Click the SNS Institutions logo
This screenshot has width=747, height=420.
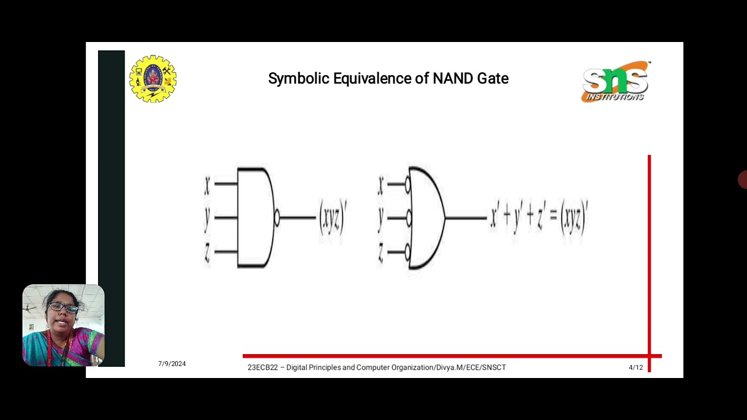pyautogui.click(x=615, y=82)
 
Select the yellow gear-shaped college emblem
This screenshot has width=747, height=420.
pyautogui.click(x=153, y=79)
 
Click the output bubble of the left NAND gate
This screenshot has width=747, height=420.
pyautogui.click(x=277, y=218)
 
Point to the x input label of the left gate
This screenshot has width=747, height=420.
pyautogui.click(x=207, y=185)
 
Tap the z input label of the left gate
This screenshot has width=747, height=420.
pyautogui.click(x=207, y=252)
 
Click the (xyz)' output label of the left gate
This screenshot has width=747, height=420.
pyautogui.click(x=333, y=218)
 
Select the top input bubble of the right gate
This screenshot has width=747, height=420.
pyautogui.click(x=408, y=185)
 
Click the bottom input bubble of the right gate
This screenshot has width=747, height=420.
pyautogui.click(x=408, y=252)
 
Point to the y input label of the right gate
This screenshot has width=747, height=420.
pyautogui.click(x=381, y=218)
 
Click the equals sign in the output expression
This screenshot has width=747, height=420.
pyautogui.click(x=553, y=217)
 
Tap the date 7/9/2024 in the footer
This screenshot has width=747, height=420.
pyautogui.click(x=172, y=363)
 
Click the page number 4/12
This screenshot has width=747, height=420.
pyautogui.click(x=636, y=367)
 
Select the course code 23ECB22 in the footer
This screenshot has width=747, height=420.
pyautogui.click(x=262, y=367)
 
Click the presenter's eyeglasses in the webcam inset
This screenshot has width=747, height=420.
pyautogui.click(x=63, y=307)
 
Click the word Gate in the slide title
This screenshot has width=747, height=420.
pyautogui.click(x=493, y=78)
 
